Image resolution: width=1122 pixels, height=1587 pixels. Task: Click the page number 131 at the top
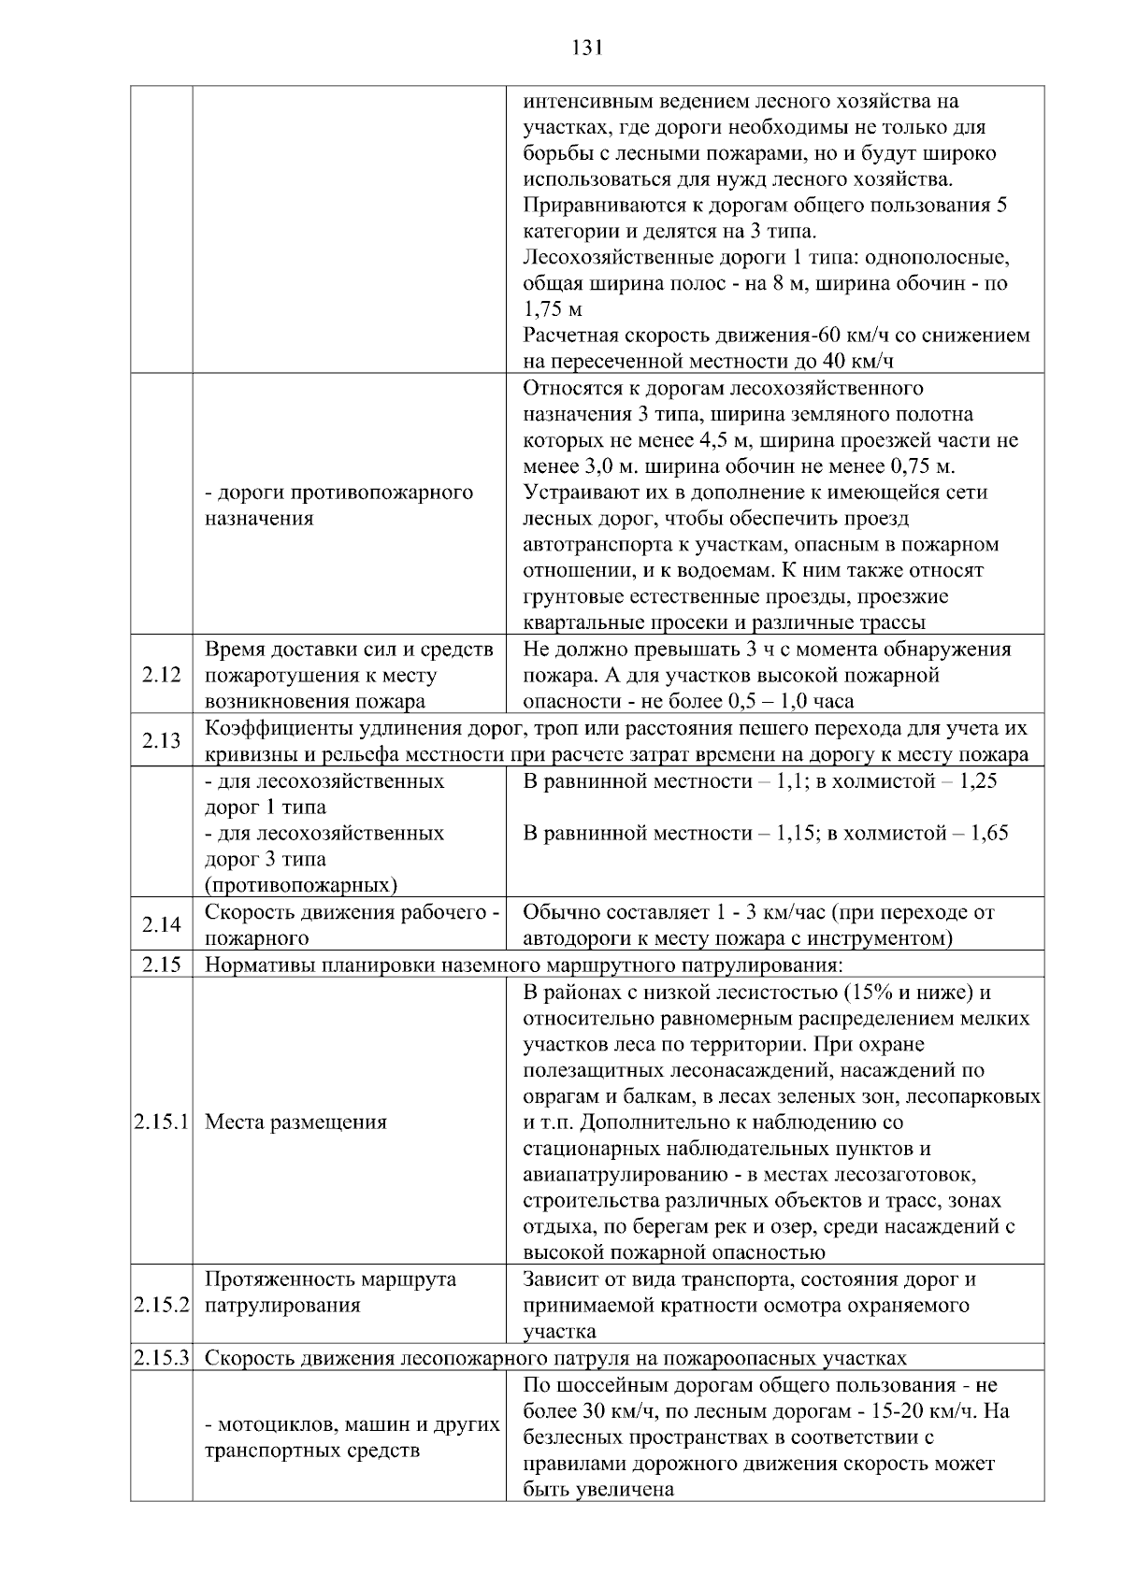[586, 48]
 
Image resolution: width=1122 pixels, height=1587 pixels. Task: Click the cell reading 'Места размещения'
[295, 1122]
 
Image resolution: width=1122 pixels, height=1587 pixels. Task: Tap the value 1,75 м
[552, 309]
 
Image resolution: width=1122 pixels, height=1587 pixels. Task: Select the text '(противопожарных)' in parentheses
[300, 885]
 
